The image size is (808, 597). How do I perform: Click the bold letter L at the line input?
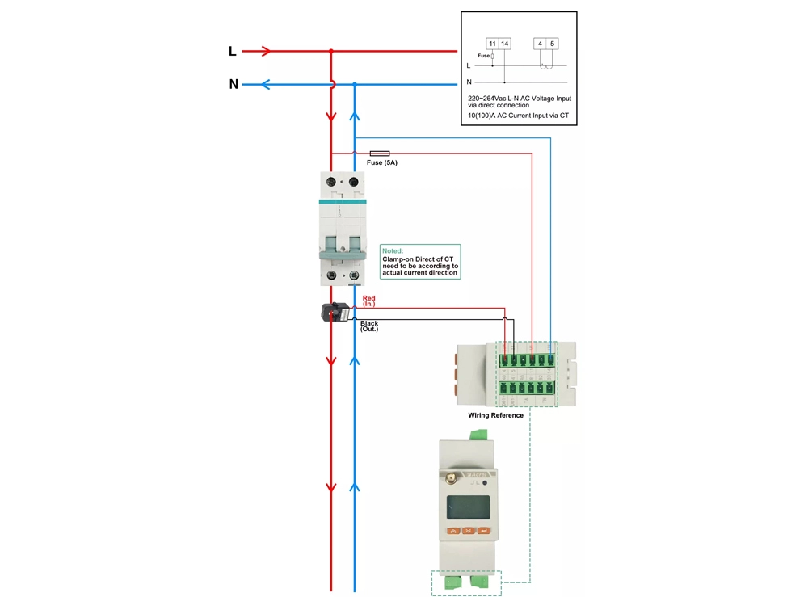click(x=233, y=52)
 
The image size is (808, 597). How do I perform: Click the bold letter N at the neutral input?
click(x=234, y=84)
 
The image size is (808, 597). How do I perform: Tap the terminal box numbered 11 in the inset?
click(x=492, y=43)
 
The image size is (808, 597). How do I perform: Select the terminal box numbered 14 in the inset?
click(x=505, y=43)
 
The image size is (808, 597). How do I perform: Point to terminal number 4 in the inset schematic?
click(x=540, y=43)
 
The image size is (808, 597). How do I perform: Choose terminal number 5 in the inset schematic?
click(x=553, y=43)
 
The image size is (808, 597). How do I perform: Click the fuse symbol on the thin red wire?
click(x=379, y=153)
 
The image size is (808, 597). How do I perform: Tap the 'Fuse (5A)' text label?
click(x=382, y=163)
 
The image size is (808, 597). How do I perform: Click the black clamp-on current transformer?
click(x=335, y=312)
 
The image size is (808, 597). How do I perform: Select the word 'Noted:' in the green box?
click(x=393, y=250)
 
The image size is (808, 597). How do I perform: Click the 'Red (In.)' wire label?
click(x=369, y=301)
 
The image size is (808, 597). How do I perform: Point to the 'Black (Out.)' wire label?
click(x=369, y=326)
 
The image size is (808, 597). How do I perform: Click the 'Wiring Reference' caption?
click(x=495, y=415)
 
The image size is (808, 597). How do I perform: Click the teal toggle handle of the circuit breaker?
click(x=343, y=254)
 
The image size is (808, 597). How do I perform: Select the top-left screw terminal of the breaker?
click(x=331, y=183)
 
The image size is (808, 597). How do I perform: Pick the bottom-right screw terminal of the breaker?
click(x=353, y=277)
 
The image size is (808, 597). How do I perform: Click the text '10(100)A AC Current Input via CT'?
click(x=518, y=116)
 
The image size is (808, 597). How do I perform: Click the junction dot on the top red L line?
click(x=331, y=52)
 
